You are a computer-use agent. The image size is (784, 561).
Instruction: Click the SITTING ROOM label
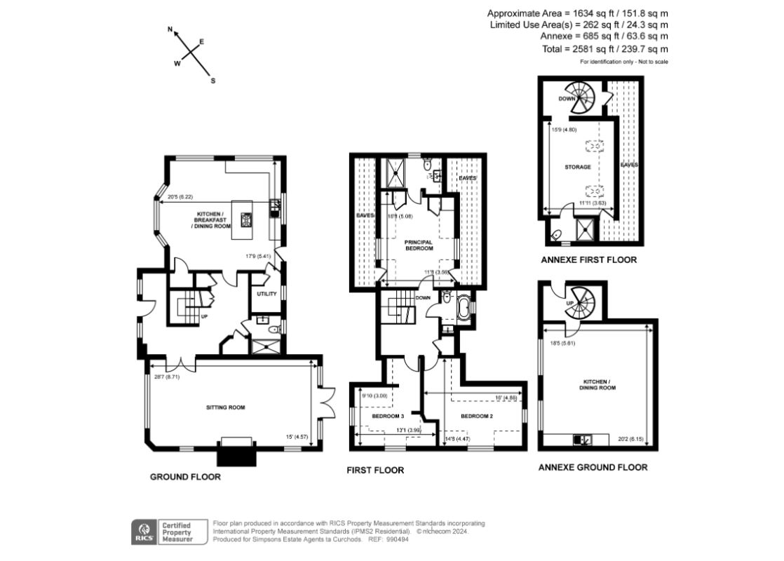tap(225, 407)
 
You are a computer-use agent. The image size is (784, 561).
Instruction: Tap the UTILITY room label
tap(267, 294)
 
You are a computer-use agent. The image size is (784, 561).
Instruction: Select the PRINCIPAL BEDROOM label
tap(418, 245)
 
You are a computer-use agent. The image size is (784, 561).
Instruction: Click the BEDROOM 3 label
tap(388, 416)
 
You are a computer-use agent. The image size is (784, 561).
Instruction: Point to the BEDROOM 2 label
tap(475, 416)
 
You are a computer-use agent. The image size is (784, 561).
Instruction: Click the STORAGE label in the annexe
tap(579, 167)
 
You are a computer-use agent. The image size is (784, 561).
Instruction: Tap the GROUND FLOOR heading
tap(185, 477)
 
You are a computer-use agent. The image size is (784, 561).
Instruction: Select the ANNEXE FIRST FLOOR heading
tap(588, 259)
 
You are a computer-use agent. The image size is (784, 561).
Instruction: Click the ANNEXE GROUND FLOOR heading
tap(593, 467)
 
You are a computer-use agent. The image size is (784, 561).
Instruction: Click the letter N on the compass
tap(170, 30)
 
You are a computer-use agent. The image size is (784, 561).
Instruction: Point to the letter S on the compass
tap(213, 81)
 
